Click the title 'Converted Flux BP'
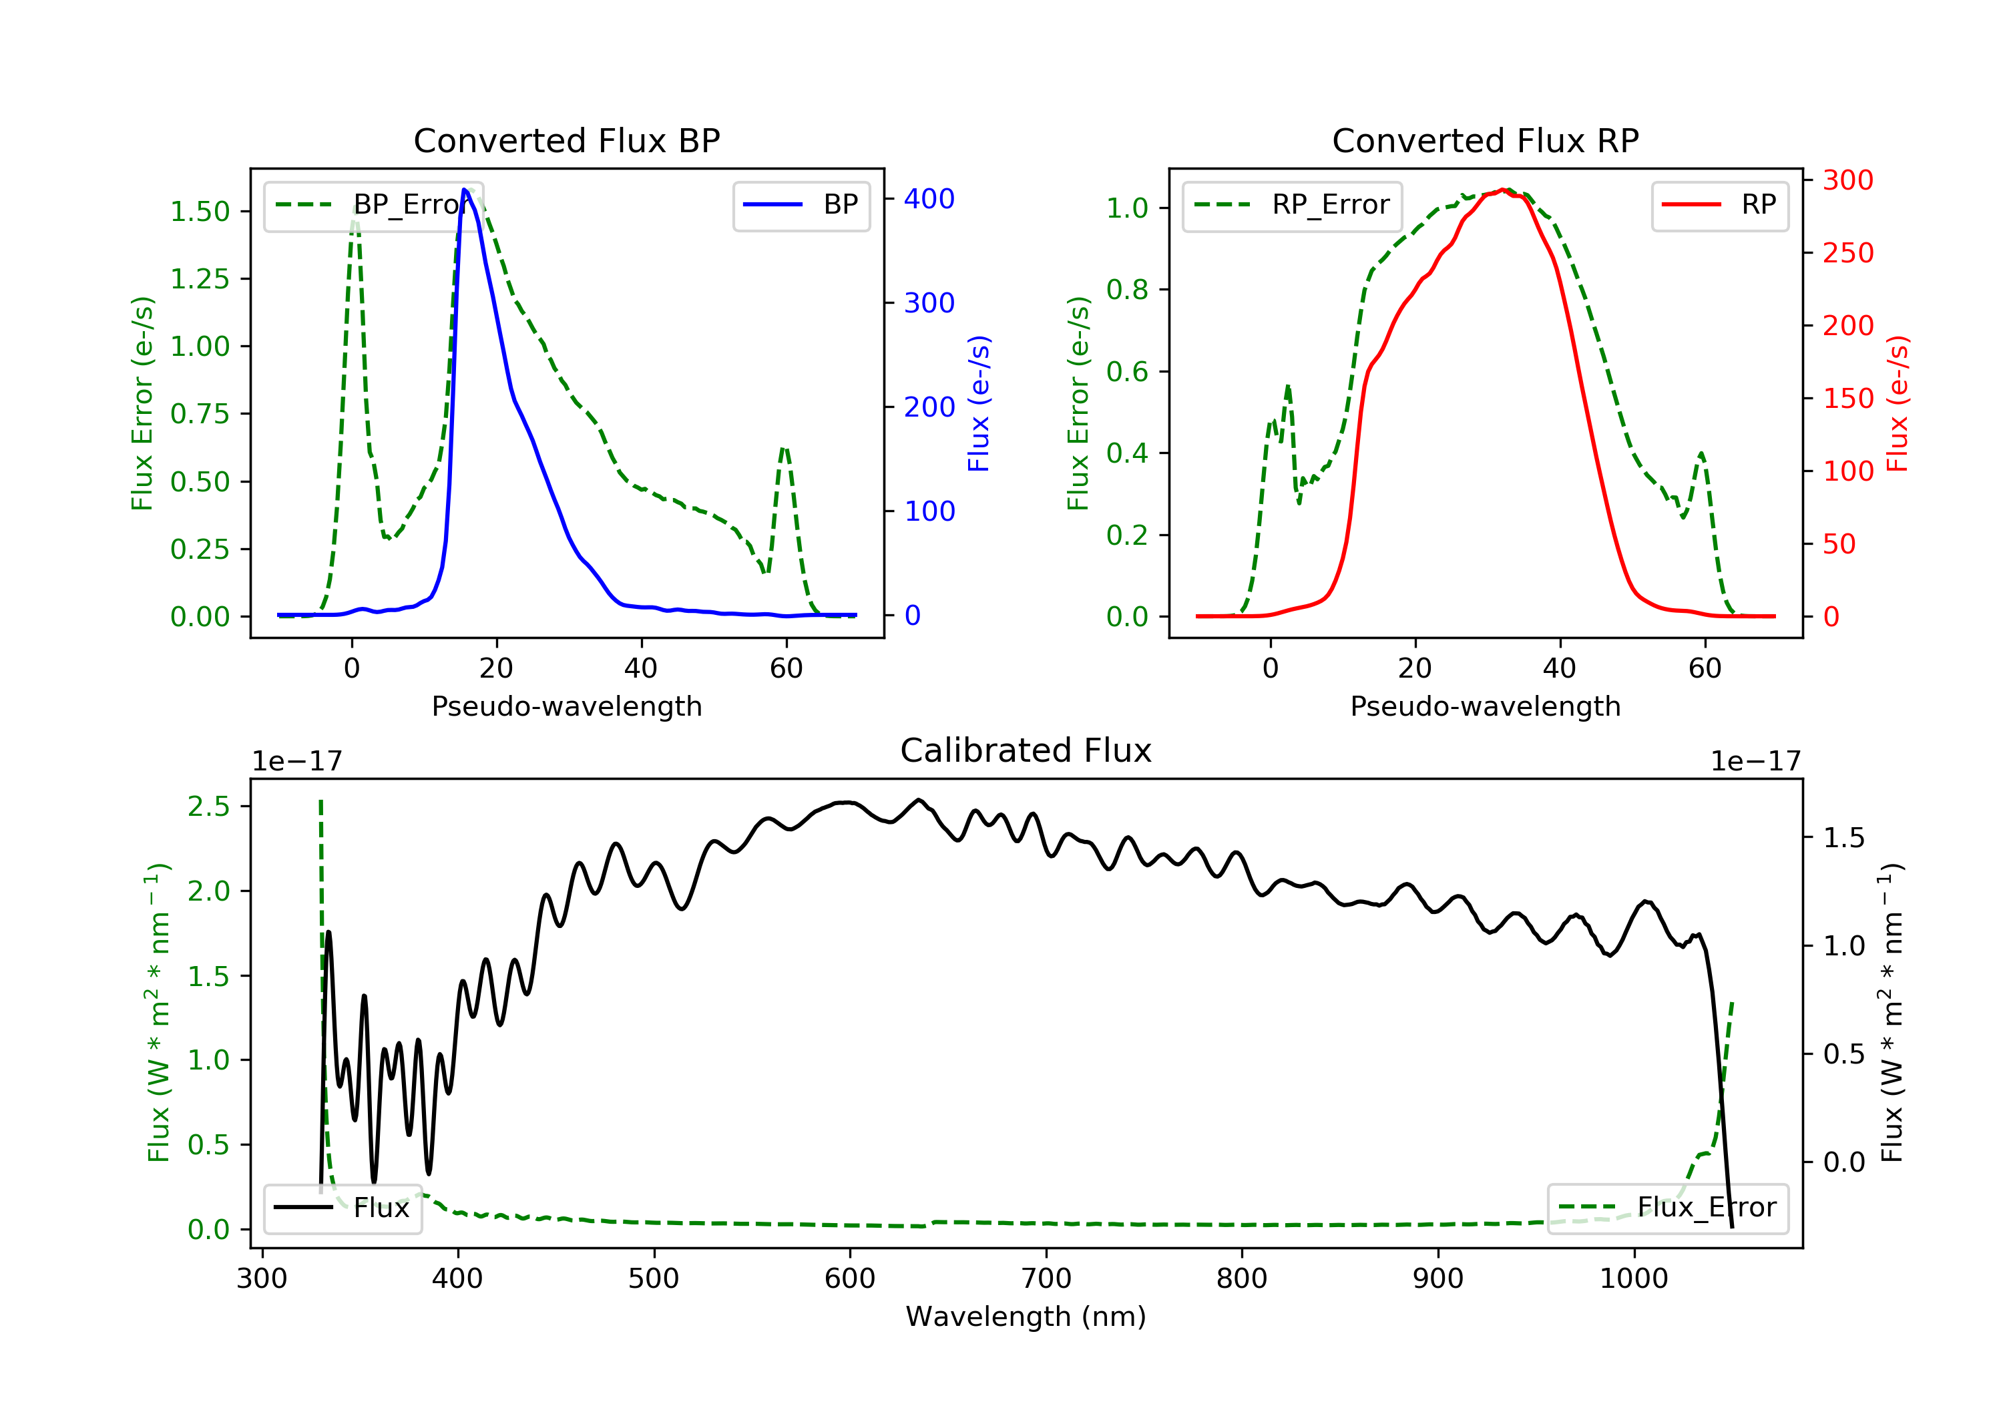pyautogui.click(x=566, y=140)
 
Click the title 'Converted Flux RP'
pyautogui.click(x=1485, y=140)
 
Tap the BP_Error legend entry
pyautogui.click(x=373, y=205)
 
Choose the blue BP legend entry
pyautogui.click(x=801, y=205)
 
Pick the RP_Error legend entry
pyautogui.click(x=1291, y=205)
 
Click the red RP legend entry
pyautogui.click(x=1719, y=205)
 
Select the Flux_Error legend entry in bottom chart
pyautogui.click(x=1667, y=1208)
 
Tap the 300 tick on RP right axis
pyautogui.click(x=1847, y=181)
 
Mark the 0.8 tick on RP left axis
pyautogui.click(x=1126, y=290)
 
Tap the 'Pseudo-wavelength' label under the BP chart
pyautogui.click(x=566, y=706)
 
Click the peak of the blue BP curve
pyautogui.click(x=465, y=190)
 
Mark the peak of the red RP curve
pyautogui.click(x=1503, y=190)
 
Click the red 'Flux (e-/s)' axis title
pyautogui.click(x=1898, y=404)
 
